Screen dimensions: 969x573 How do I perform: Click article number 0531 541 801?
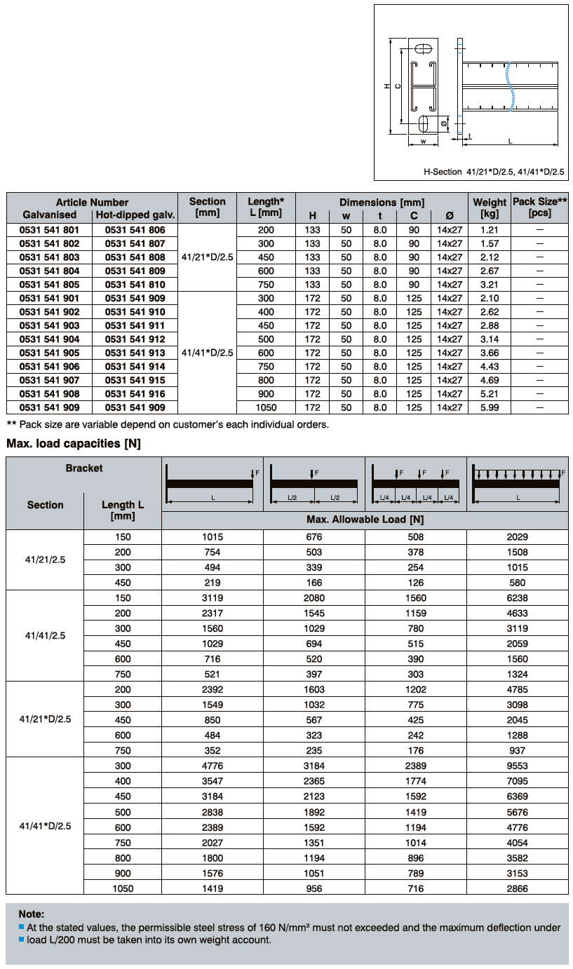pos(49,230)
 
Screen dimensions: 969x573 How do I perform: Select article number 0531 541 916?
pos(135,394)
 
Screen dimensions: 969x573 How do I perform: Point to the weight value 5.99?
pos(490,407)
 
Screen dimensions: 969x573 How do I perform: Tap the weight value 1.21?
pos(490,230)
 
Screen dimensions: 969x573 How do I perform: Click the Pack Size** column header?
pos(540,207)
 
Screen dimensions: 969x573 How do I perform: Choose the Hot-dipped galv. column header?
pos(135,215)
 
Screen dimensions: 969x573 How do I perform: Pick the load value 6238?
pos(518,598)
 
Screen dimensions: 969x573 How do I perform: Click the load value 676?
pos(314,537)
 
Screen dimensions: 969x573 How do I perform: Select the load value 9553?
pos(518,766)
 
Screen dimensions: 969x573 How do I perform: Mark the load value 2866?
pos(518,888)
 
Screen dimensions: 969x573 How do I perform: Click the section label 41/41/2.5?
pos(45,636)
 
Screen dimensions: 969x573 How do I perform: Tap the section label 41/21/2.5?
pos(45,560)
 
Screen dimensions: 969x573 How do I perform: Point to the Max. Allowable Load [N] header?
pos(365,520)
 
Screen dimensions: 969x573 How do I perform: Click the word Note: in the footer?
pos(32,914)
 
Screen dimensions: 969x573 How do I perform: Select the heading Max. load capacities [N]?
pos(74,444)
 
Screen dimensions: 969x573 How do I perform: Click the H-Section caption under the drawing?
pos(494,171)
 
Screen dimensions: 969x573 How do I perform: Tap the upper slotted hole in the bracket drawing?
pos(423,50)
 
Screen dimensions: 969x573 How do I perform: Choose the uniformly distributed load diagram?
pos(518,483)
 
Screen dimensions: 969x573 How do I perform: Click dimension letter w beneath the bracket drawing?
pos(424,141)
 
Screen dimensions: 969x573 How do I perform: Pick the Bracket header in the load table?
pos(84,468)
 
